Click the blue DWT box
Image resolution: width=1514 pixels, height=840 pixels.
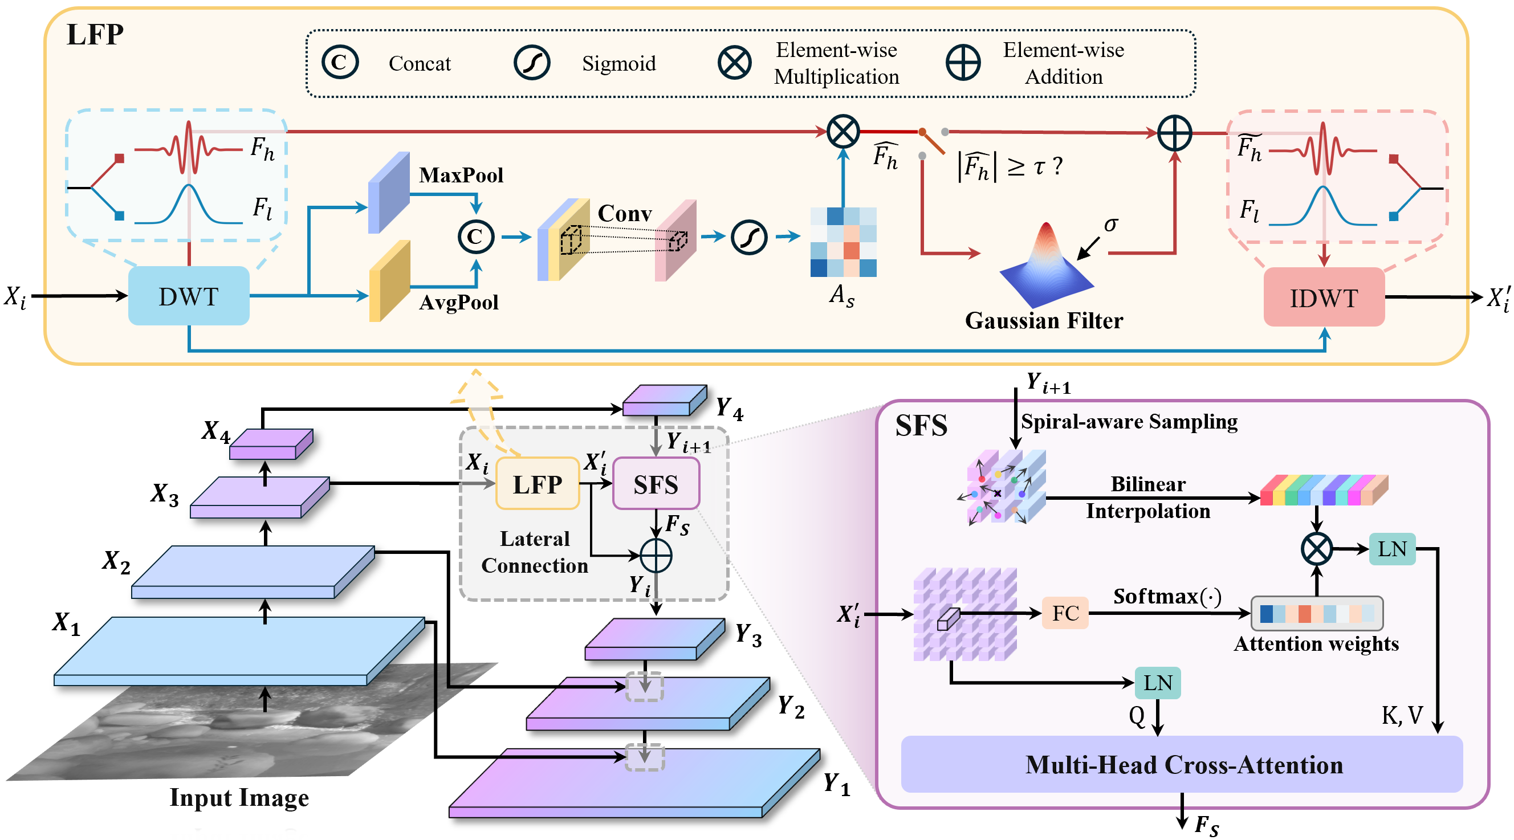click(189, 296)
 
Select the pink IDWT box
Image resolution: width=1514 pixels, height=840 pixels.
click(1324, 297)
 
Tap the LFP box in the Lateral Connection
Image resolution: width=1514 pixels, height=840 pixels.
click(537, 484)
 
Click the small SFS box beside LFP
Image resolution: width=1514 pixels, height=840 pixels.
click(656, 484)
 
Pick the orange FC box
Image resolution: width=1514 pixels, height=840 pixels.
click(1064, 613)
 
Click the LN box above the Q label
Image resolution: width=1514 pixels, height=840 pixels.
click(1157, 683)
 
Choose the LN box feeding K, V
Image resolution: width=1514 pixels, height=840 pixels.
click(1391, 549)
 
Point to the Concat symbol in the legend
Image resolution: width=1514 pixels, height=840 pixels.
click(340, 62)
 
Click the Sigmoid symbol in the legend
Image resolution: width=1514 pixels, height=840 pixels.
click(531, 63)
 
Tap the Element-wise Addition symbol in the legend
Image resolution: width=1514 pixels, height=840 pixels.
click(963, 63)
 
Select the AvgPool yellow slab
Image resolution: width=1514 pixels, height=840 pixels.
click(389, 282)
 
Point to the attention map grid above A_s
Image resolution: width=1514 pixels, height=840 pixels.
click(843, 242)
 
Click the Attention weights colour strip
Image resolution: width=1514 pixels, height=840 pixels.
click(1317, 613)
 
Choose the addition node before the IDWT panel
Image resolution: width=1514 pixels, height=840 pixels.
click(1174, 133)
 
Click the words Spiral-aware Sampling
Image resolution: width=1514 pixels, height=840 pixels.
click(1129, 422)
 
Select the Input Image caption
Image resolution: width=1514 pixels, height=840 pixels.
click(239, 798)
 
